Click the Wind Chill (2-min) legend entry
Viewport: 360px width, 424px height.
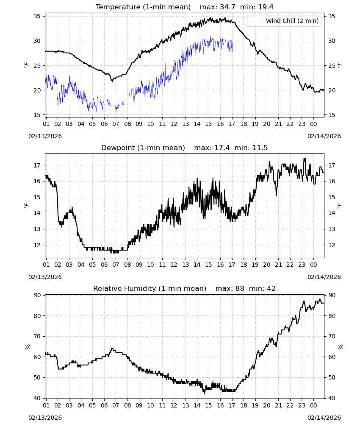pos(284,21)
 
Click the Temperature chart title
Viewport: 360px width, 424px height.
pos(143,7)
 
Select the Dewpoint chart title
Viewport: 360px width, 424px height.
pos(143,148)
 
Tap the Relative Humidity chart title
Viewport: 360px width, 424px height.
pos(150,288)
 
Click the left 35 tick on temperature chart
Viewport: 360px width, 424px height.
pos(37,16)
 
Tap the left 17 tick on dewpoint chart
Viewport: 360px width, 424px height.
pos(37,165)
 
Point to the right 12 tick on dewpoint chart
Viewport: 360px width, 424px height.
pos(331,245)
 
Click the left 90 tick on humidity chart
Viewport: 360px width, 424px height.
pos(37,295)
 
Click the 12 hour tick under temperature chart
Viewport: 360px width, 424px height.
pos(174,124)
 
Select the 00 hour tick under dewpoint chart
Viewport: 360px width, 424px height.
pos(313,265)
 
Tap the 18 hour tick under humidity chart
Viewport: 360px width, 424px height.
pos(244,405)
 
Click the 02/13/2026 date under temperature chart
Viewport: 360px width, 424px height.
pos(45,136)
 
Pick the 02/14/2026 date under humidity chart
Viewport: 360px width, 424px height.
pos(324,418)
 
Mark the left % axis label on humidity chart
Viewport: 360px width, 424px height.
pos(27,347)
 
